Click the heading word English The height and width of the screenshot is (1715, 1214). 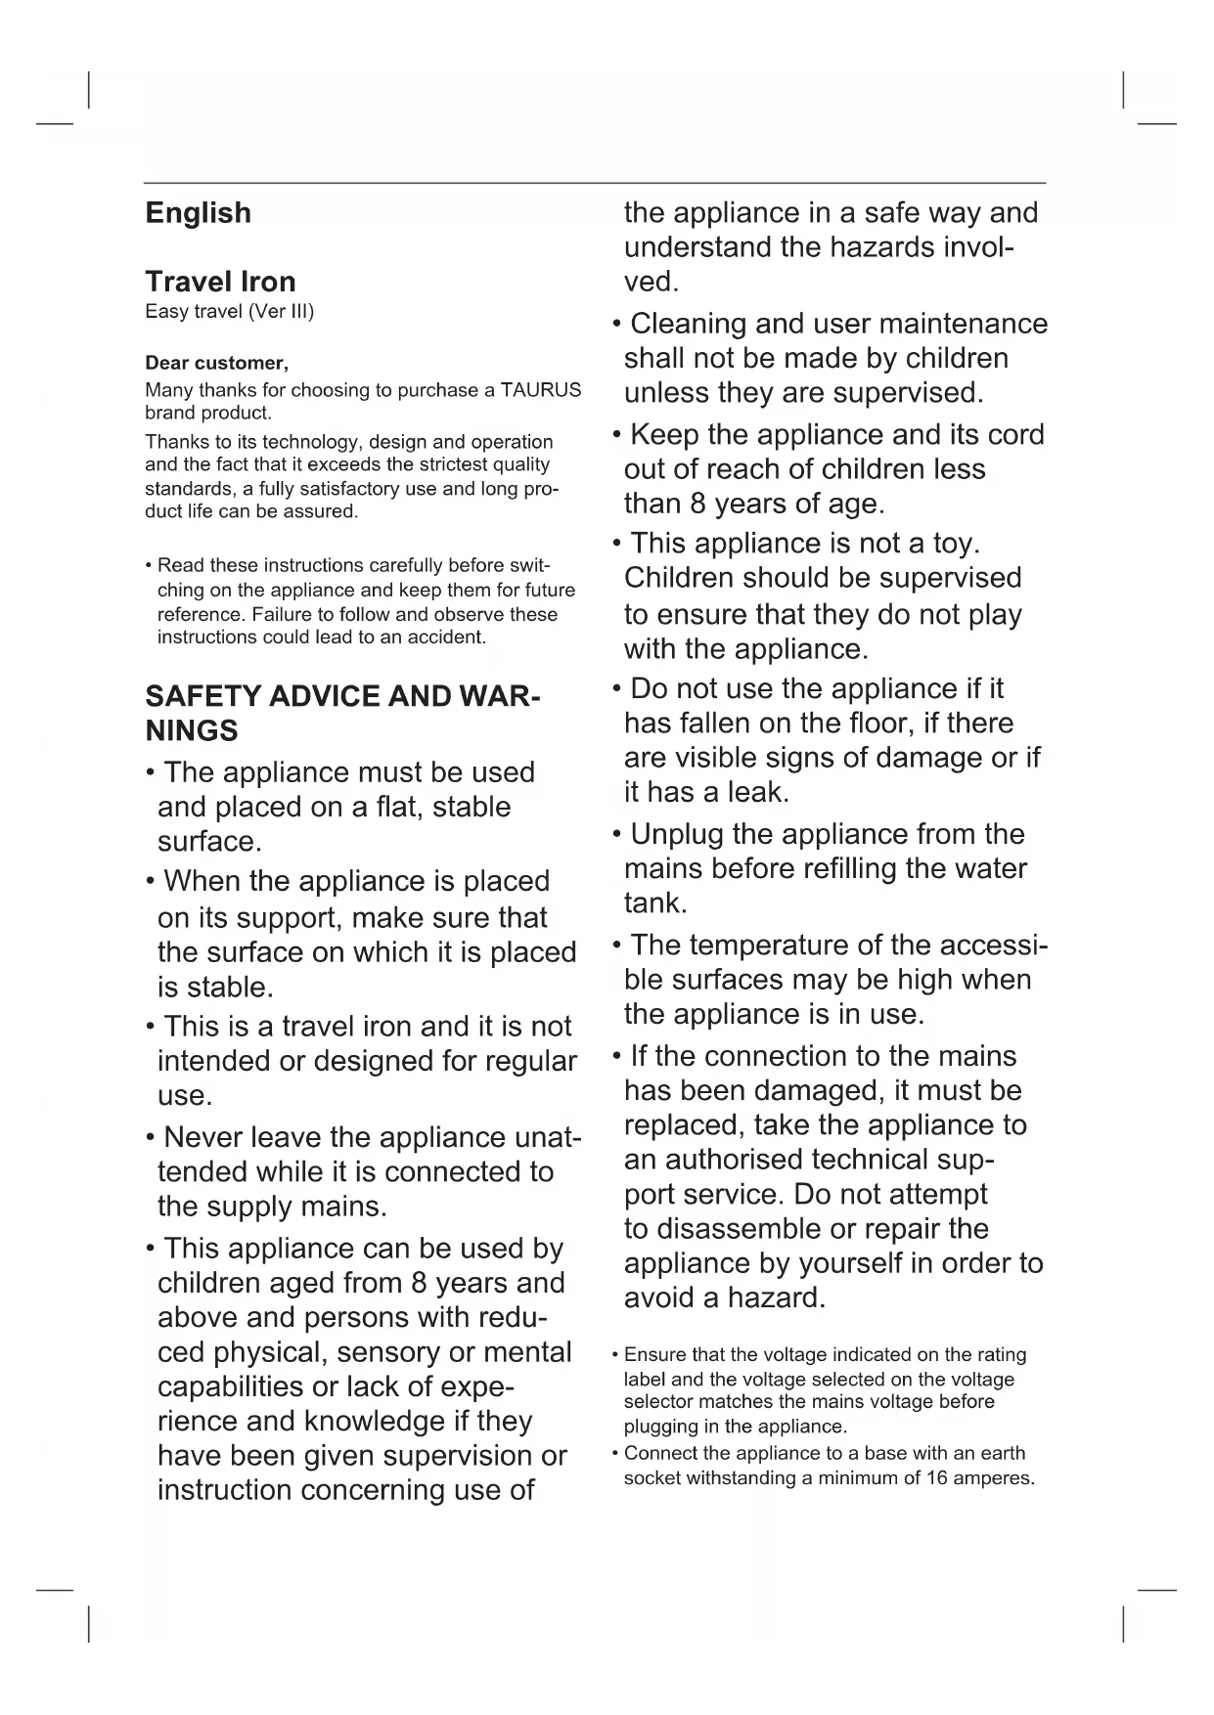(x=198, y=213)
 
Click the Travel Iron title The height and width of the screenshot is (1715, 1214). (x=220, y=282)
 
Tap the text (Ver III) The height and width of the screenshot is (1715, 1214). (x=281, y=312)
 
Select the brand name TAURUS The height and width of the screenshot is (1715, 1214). (x=541, y=390)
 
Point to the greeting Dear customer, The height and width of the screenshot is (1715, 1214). (x=216, y=364)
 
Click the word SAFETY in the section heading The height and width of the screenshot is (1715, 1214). (x=202, y=697)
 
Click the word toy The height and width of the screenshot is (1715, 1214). (x=954, y=543)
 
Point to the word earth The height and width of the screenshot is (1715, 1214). (x=997, y=1453)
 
